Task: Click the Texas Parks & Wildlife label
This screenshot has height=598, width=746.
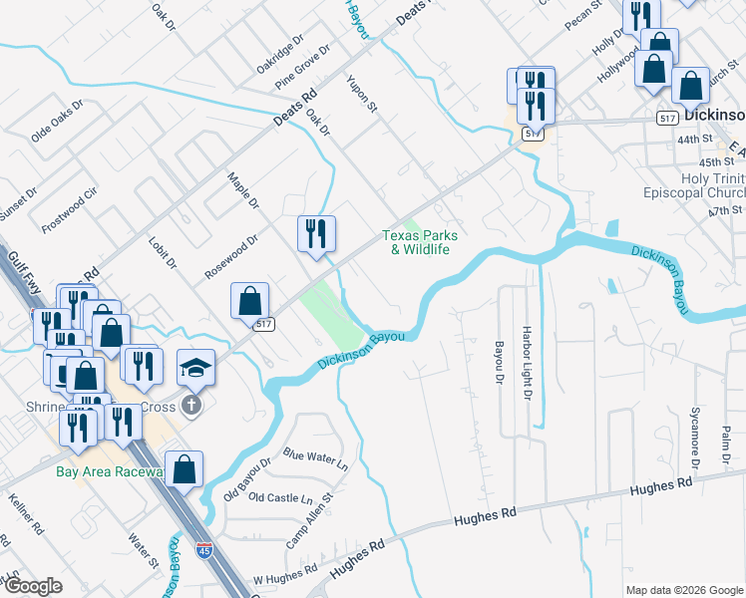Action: click(x=420, y=242)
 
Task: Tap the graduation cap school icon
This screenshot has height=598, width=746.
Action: click(x=195, y=368)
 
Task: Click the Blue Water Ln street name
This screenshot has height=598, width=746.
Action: click(x=315, y=459)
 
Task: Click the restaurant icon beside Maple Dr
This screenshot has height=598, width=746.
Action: click(x=316, y=234)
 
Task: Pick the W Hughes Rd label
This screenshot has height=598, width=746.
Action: click(x=284, y=575)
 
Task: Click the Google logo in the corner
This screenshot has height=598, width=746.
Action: click(x=32, y=586)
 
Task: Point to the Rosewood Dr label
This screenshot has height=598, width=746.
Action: click(x=231, y=255)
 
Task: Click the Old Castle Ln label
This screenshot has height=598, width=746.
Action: click(x=280, y=497)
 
